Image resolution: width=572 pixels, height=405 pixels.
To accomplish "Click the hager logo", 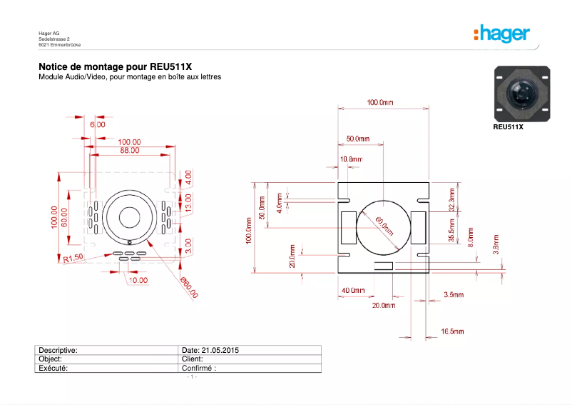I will click(x=501, y=34).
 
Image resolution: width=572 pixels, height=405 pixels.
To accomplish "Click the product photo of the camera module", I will click(x=522, y=93).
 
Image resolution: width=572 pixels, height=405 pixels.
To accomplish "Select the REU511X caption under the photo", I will click(x=509, y=127).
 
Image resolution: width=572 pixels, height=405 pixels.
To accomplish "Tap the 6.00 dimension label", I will click(x=98, y=124).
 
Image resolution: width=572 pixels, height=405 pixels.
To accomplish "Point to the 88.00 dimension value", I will click(x=129, y=151).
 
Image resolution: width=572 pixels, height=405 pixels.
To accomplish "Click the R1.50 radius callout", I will click(x=73, y=258).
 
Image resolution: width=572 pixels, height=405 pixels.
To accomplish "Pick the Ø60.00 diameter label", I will click(x=189, y=287).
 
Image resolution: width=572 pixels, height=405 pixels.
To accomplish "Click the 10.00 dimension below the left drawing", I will click(x=138, y=280).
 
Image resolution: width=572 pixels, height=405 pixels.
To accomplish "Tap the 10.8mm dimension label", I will click(x=351, y=159).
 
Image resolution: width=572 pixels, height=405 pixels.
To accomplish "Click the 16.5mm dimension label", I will click(x=453, y=331).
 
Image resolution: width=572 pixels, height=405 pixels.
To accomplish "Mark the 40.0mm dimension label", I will click(x=353, y=291).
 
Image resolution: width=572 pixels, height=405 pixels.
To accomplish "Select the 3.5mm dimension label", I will click(x=454, y=294).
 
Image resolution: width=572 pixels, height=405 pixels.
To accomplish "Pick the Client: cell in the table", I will click(x=193, y=359).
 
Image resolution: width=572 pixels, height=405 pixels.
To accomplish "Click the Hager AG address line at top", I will click(x=49, y=33).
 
